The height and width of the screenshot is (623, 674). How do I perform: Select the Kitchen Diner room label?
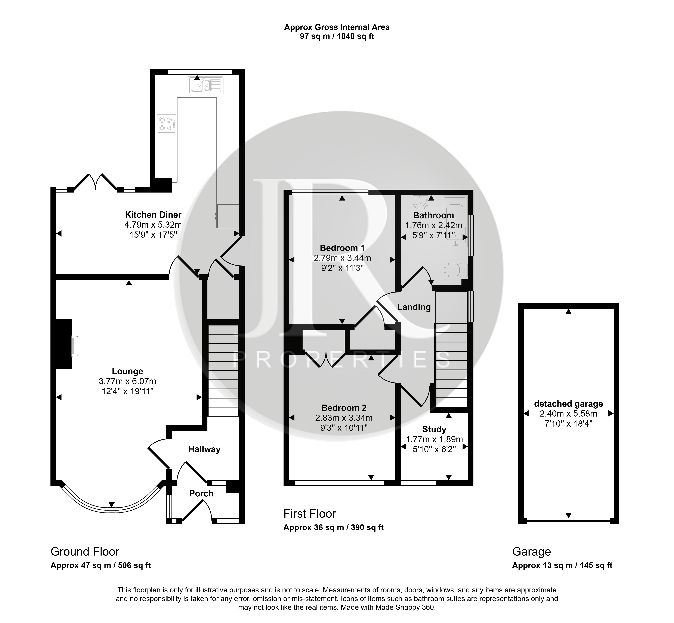pyautogui.click(x=153, y=215)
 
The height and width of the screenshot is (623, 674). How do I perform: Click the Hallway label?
pyautogui.click(x=204, y=449)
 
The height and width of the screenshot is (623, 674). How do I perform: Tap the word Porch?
pyautogui.click(x=201, y=494)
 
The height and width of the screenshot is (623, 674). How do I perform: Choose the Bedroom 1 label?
pyautogui.click(x=342, y=248)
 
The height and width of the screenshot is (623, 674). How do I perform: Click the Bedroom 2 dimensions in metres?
pyautogui.click(x=344, y=418)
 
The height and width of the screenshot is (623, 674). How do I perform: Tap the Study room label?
pyautogui.click(x=434, y=429)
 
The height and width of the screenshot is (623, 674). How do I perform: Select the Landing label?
pyautogui.click(x=414, y=307)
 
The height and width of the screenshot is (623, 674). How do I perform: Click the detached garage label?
pyautogui.click(x=569, y=404)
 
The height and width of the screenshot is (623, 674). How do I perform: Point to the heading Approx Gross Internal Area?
pyautogui.click(x=337, y=27)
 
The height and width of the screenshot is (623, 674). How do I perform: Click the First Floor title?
pyautogui.click(x=310, y=514)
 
